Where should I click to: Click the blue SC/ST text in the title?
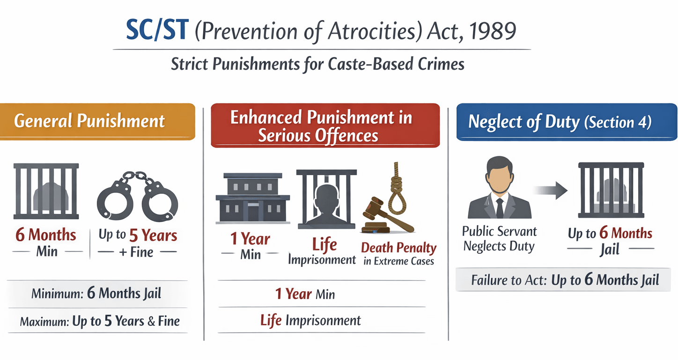pyautogui.click(x=157, y=29)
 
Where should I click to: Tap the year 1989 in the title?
pyautogui.click(x=492, y=31)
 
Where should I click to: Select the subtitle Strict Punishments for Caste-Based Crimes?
pyautogui.click(x=317, y=64)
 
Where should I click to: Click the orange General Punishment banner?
pyautogui.click(x=97, y=122)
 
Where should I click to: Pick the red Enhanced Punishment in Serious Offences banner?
pyautogui.click(x=325, y=125)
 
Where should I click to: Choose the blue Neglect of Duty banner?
pyautogui.click(x=567, y=122)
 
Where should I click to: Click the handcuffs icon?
pyautogui.click(x=137, y=196)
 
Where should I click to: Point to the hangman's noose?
pyautogui.click(x=398, y=188)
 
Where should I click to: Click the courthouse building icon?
pyautogui.click(x=253, y=198)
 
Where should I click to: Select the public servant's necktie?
pyautogui.click(x=500, y=208)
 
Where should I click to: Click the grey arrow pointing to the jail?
pyautogui.click(x=550, y=190)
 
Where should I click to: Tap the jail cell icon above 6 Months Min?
pyautogui.click(x=46, y=191)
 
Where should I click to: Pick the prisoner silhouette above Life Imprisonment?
pyautogui.click(x=326, y=205)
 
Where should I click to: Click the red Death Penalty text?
pyautogui.click(x=398, y=248)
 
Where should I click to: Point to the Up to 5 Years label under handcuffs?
pyautogui.click(x=138, y=235)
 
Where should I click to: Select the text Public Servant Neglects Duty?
pyautogui.click(x=499, y=239)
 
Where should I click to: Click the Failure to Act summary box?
pyautogui.click(x=563, y=279)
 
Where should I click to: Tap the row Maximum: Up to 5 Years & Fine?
pyautogui.click(x=100, y=321)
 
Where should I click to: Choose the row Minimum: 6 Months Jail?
pyautogui.click(x=96, y=293)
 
